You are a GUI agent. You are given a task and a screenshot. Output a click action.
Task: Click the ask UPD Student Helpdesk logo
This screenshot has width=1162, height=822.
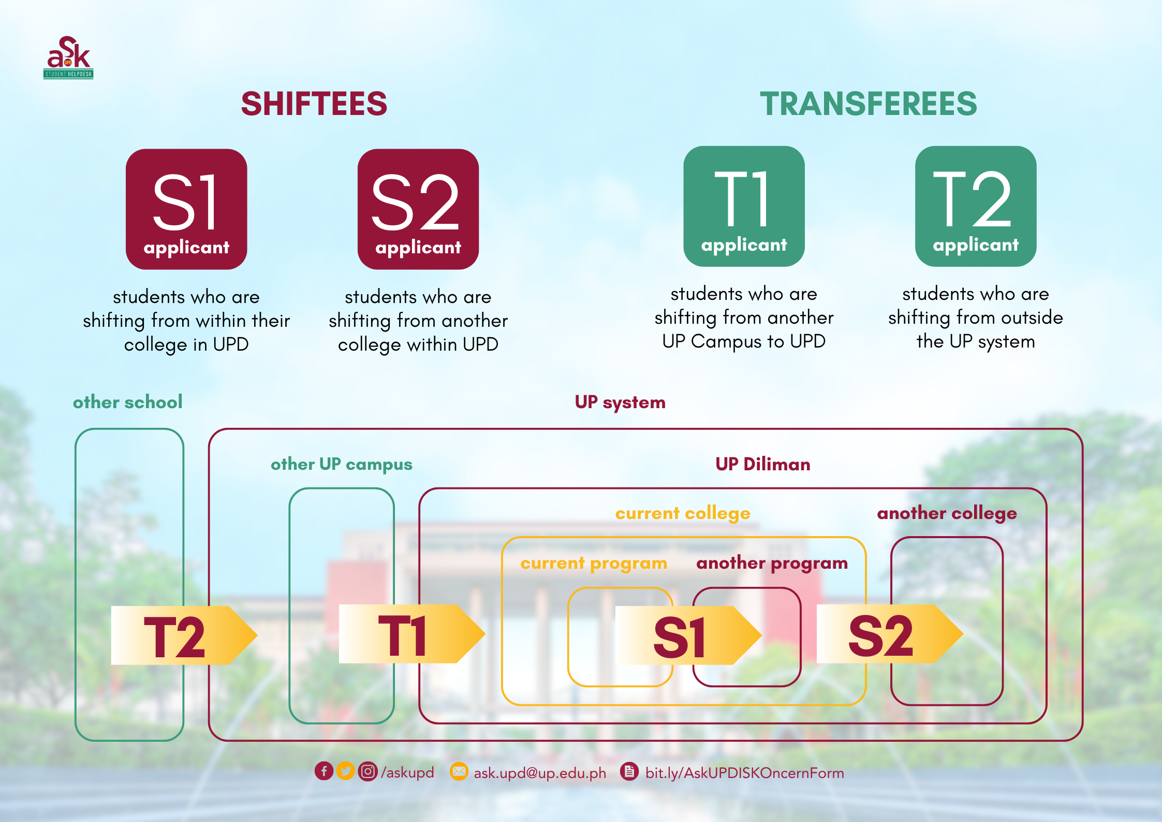(x=68, y=57)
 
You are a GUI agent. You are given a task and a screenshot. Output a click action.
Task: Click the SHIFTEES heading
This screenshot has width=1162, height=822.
(x=314, y=104)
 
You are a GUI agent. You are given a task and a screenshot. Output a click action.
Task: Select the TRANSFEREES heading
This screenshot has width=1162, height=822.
(x=868, y=104)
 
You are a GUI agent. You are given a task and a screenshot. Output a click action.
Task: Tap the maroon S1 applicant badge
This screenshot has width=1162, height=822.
(x=186, y=209)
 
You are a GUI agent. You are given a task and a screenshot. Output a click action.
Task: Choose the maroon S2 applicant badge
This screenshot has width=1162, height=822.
(x=418, y=209)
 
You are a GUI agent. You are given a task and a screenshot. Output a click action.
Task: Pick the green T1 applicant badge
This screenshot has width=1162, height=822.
(x=744, y=206)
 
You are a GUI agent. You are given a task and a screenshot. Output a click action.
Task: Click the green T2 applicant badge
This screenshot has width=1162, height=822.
(x=975, y=206)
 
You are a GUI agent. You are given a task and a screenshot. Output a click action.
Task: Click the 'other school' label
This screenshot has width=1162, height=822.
(x=127, y=402)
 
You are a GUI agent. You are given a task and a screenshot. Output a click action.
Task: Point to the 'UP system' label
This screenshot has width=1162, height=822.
(x=620, y=402)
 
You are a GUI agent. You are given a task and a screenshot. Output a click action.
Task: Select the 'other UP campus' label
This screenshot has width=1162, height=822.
(x=342, y=464)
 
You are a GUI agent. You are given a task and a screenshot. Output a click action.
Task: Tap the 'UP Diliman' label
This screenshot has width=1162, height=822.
(x=762, y=464)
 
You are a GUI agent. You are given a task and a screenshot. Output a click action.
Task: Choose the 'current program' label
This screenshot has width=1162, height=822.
(x=594, y=563)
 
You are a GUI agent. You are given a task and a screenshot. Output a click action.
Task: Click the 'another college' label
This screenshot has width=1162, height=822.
(x=947, y=513)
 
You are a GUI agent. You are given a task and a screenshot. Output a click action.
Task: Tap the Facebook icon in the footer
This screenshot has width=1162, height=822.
(x=324, y=771)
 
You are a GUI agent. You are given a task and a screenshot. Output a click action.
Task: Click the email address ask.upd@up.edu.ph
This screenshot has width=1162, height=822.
(x=539, y=773)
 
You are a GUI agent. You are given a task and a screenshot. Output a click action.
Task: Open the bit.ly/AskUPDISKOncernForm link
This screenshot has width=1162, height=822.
(x=744, y=773)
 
